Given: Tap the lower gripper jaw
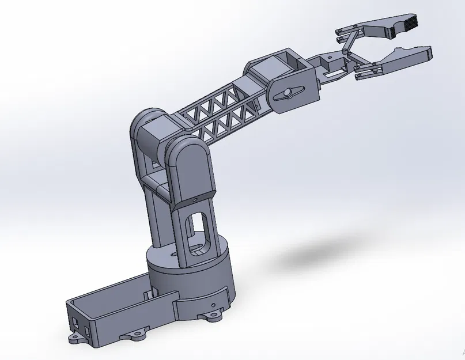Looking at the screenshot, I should pyautogui.click(x=403, y=58).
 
